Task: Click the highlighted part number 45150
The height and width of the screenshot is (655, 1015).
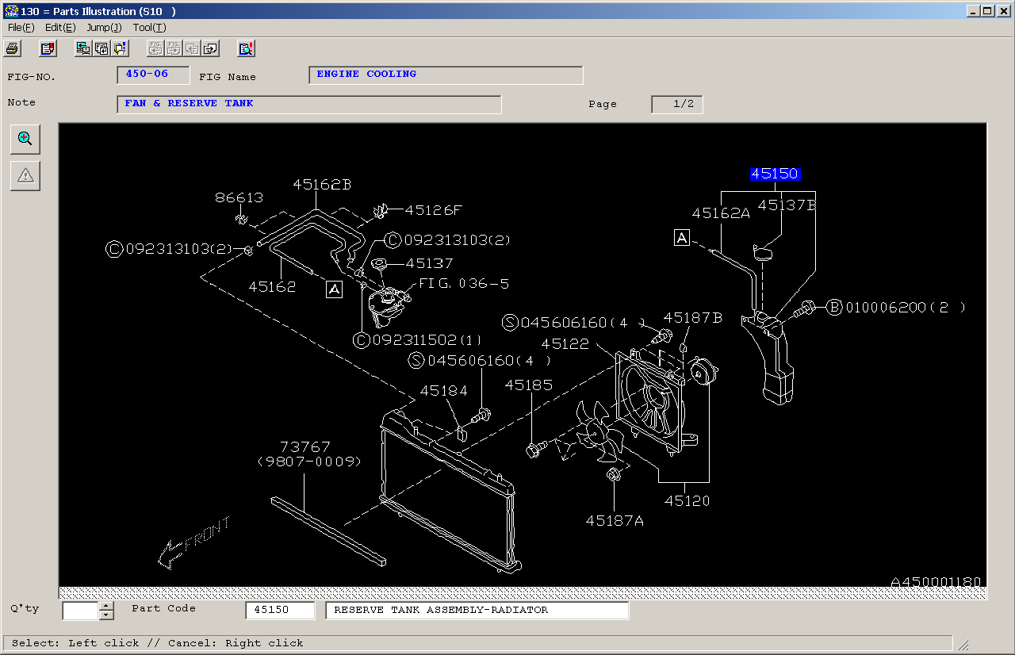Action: [775, 174]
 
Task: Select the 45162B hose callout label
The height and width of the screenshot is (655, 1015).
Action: [322, 184]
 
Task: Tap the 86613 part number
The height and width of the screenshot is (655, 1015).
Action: [239, 197]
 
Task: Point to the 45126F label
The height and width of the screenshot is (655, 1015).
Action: [433, 210]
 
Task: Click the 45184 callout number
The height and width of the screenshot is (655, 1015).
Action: [443, 390]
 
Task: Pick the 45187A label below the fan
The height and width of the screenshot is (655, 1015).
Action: [615, 521]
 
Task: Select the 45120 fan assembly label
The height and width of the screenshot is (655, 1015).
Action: [687, 500]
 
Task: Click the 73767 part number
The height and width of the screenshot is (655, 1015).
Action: [305, 447]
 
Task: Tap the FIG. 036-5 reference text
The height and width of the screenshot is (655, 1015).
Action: [464, 284]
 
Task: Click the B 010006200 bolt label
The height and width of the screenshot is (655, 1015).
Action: [896, 308]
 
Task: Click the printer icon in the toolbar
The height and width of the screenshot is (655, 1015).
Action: [12, 48]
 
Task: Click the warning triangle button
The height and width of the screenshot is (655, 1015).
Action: [25, 176]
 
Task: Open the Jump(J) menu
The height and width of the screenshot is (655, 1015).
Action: [104, 28]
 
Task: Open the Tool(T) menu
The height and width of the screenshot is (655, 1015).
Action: [150, 28]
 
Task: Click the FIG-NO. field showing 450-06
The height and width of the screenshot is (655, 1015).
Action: [153, 75]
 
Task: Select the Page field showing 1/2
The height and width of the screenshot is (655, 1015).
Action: [677, 104]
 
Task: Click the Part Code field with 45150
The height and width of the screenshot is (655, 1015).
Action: [280, 610]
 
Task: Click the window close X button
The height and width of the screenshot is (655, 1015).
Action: [1004, 11]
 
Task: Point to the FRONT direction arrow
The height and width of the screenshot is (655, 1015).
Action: [193, 543]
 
